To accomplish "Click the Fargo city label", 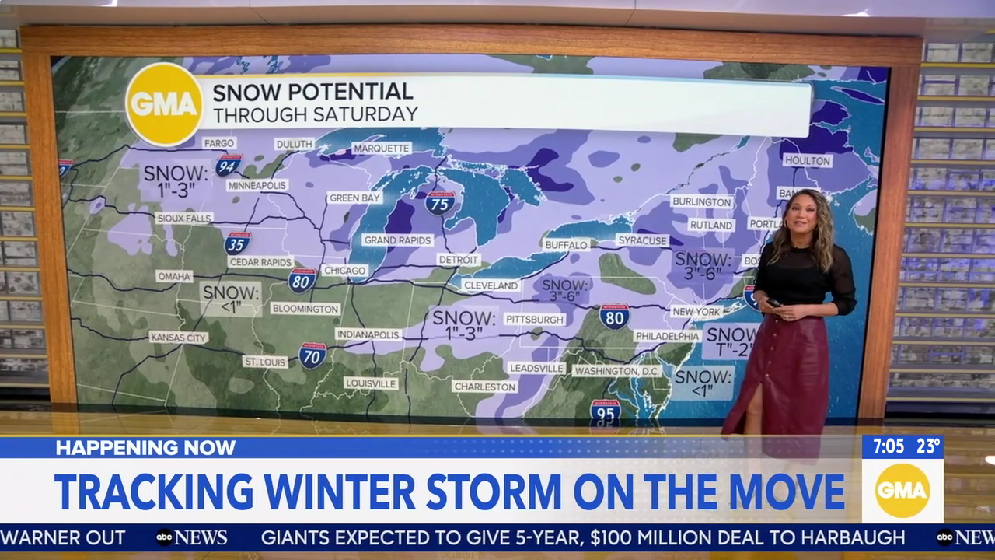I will pyautogui.click(x=218, y=143).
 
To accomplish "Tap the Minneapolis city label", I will pyautogui.click(x=257, y=185).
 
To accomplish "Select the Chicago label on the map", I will pyautogui.click(x=344, y=271).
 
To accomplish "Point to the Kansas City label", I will pyautogui.click(x=179, y=337).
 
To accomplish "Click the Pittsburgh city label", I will pyautogui.click(x=534, y=319).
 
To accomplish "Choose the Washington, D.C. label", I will pyautogui.click(x=616, y=371).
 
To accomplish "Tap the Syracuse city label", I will pyautogui.click(x=642, y=240).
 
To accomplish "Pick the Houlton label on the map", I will pyautogui.click(x=807, y=160).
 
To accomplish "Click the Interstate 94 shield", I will pyautogui.click(x=229, y=164).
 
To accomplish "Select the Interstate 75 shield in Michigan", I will pyautogui.click(x=440, y=203).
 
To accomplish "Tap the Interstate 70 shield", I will pyautogui.click(x=312, y=355).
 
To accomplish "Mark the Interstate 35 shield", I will pyautogui.click(x=237, y=243).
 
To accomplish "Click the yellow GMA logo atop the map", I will pyautogui.click(x=164, y=104).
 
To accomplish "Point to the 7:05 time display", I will pyautogui.click(x=888, y=446).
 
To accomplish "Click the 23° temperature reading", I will pyautogui.click(x=928, y=446).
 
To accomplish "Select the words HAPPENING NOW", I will pyautogui.click(x=145, y=447).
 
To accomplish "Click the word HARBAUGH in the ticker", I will pyautogui.click(x=851, y=537).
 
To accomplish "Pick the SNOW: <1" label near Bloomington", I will pyautogui.click(x=230, y=299).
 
